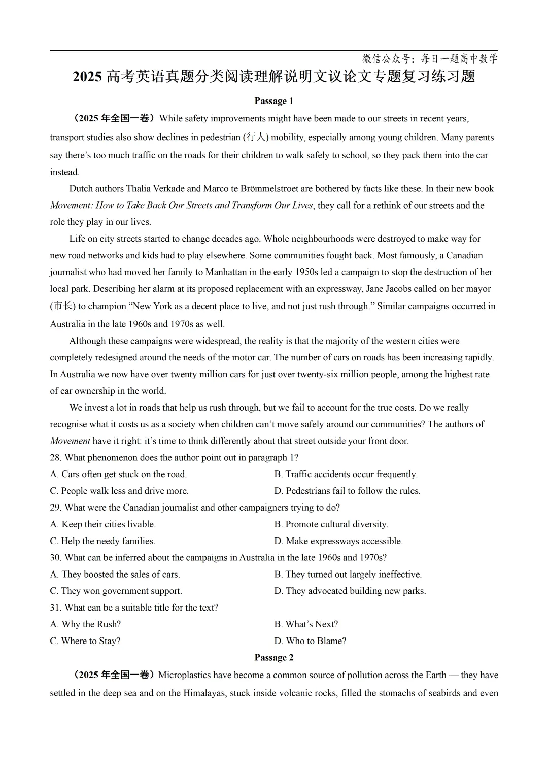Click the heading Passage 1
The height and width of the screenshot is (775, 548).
(x=274, y=101)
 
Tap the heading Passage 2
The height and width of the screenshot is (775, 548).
(x=274, y=658)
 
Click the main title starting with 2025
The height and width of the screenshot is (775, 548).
(x=274, y=77)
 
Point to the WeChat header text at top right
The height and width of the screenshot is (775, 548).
(x=430, y=59)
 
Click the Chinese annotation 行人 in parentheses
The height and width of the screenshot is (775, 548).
(x=256, y=137)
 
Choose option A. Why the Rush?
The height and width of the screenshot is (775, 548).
(x=85, y=624)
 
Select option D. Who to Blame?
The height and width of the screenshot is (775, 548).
(x=310, y=641)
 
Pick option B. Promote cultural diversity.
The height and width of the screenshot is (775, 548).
(x=331, y=524)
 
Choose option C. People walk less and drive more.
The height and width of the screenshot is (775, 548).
(x=119, y=491)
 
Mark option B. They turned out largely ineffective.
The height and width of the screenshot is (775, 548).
(x=348, y=575)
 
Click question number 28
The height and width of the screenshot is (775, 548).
(x=55, y=458)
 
